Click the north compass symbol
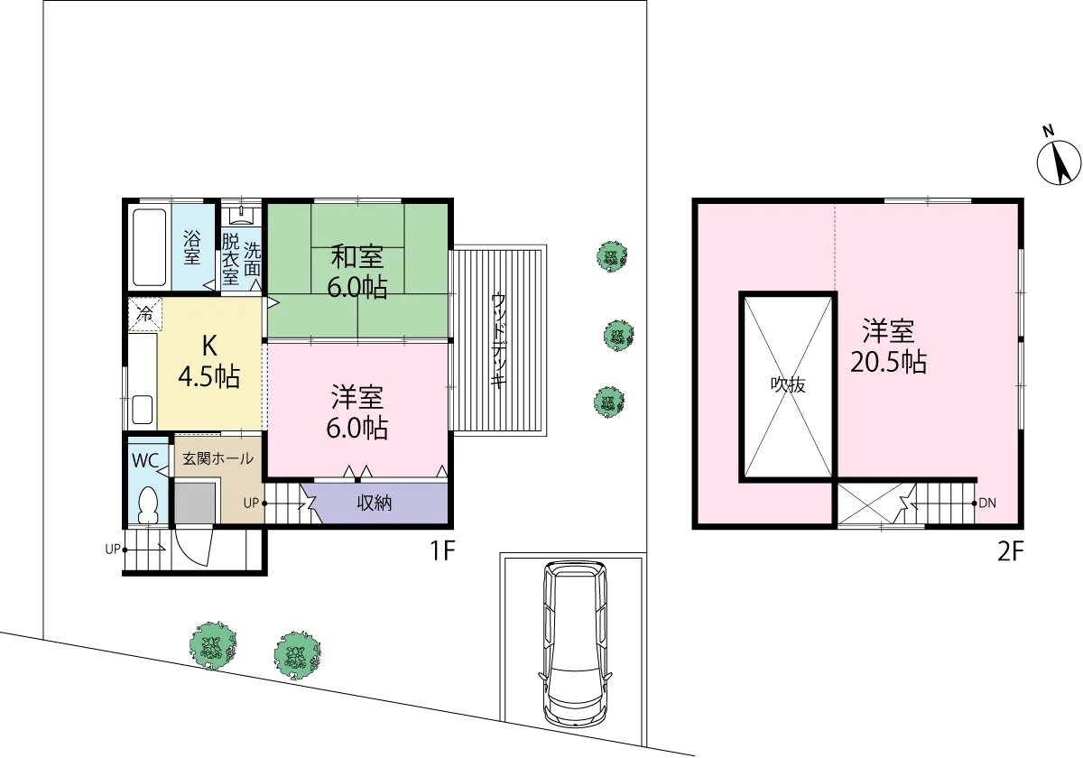(1059, 162)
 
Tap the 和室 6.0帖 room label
(357, 272)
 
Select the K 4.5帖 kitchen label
(209, 361)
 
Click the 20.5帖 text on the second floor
(888, 362)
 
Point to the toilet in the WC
(147, 504)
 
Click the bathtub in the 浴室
(150, 247)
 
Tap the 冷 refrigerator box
(145, 314)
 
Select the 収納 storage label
(374, 504)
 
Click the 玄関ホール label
(218, 458)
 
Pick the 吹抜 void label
(788, 384)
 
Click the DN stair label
(987, 504)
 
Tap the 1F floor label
(442, 550)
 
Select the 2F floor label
(1011, 550)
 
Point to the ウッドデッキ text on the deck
(498, 340)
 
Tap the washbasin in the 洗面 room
(241, 215)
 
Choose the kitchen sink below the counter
(143, 410)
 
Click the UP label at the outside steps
(112, 550)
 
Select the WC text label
(145, 461)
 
